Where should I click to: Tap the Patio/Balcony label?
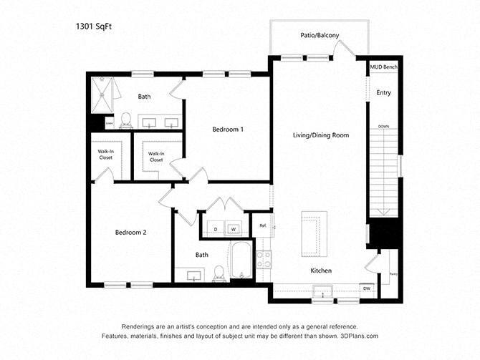(320, 36)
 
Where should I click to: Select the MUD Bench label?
(383, 67)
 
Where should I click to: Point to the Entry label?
(384, 92)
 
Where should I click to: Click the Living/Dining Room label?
(320, 135)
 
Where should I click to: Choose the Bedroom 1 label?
(228, 130)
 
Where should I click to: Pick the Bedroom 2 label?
(130, 232)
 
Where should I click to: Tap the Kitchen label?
(320, 271)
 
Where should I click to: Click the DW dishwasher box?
(366, 288)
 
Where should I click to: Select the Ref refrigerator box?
(263, 226)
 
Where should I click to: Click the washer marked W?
(234, 229)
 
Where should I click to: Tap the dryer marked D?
(215, 229)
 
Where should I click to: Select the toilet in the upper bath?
(125, 119)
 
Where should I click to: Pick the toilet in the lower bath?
(218, 272)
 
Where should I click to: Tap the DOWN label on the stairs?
(383, 127)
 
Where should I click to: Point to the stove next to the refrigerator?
(263, 258)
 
